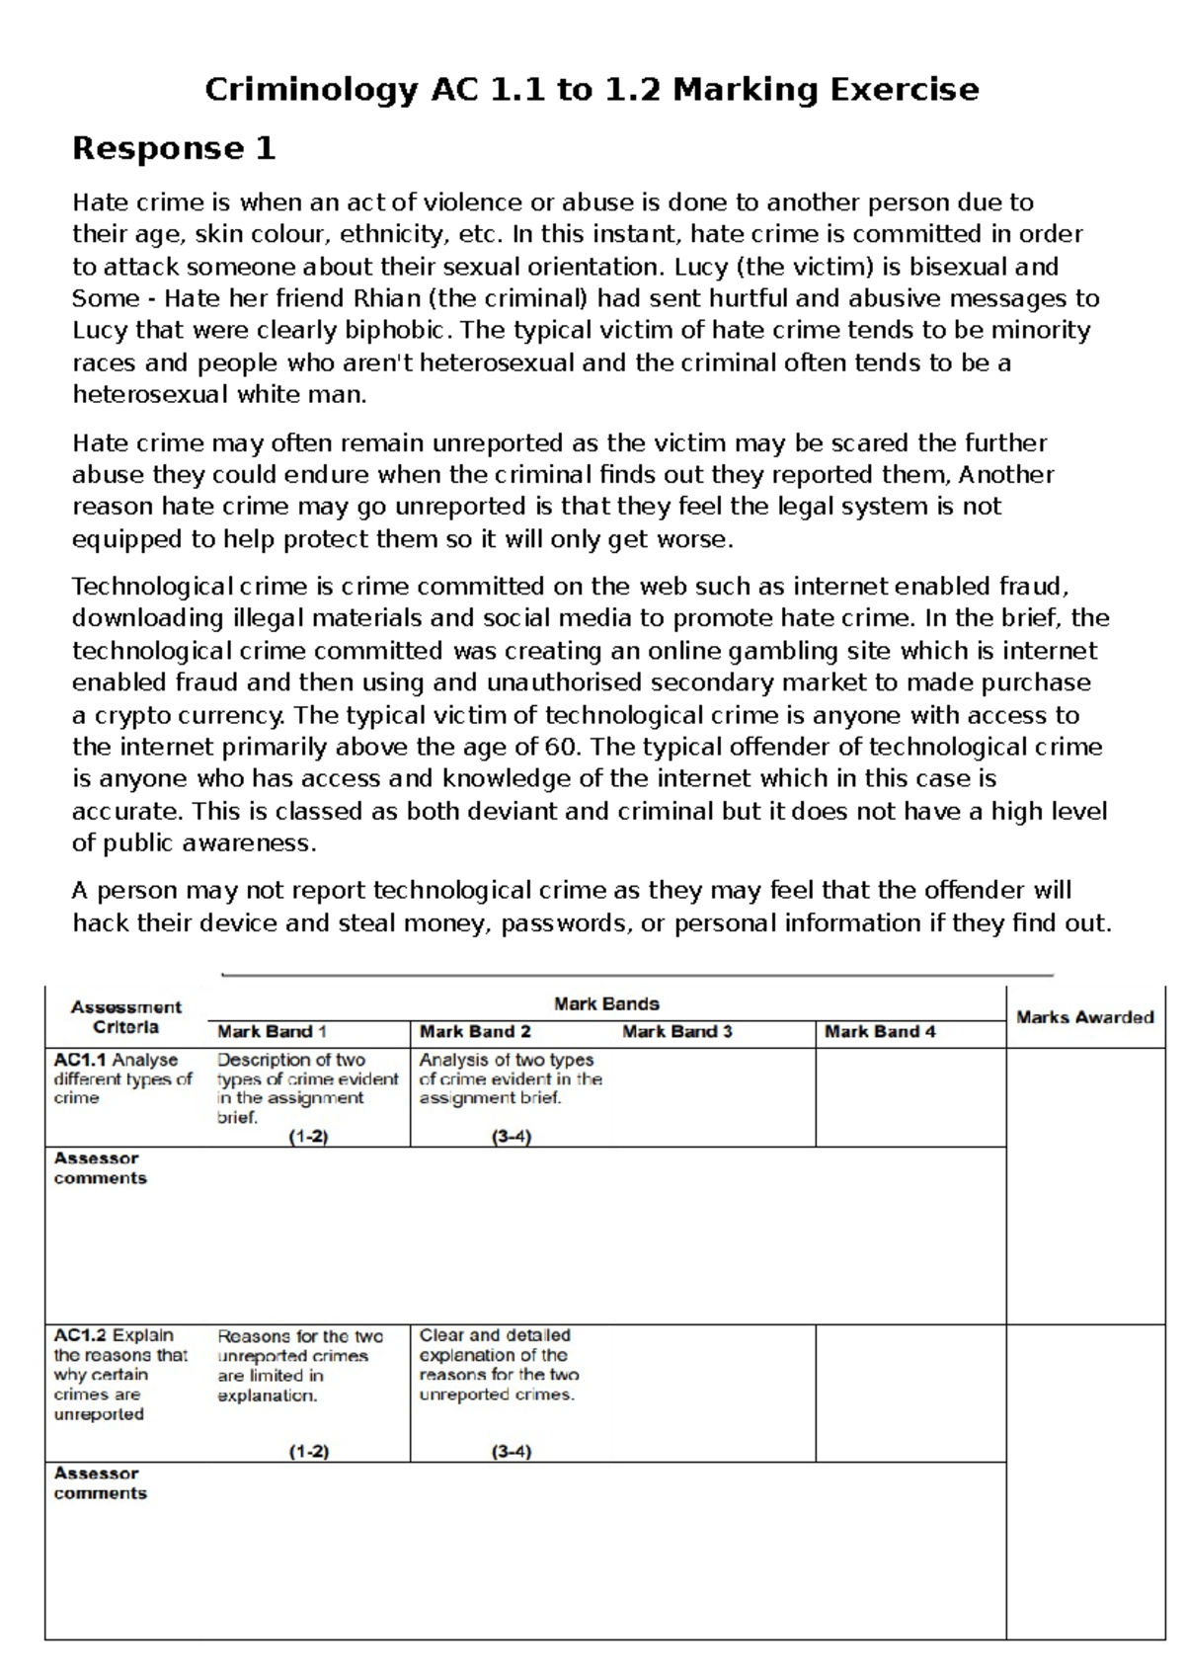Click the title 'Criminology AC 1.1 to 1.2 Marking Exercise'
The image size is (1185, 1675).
592,90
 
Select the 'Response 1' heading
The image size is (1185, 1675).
174,148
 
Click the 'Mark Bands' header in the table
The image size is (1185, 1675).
606,1003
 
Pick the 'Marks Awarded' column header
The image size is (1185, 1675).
1084,1017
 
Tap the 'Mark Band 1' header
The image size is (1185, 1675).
272,1032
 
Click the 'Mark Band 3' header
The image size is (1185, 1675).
677,1032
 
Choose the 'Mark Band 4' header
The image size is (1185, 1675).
880,1032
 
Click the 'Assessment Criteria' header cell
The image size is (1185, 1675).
125,1016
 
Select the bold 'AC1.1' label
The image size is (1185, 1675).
80,1060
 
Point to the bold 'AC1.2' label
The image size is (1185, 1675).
80,1335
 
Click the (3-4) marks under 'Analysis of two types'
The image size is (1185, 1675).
511,1137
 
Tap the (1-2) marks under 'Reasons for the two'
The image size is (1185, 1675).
308,1452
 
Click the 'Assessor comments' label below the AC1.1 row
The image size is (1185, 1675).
100,1168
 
